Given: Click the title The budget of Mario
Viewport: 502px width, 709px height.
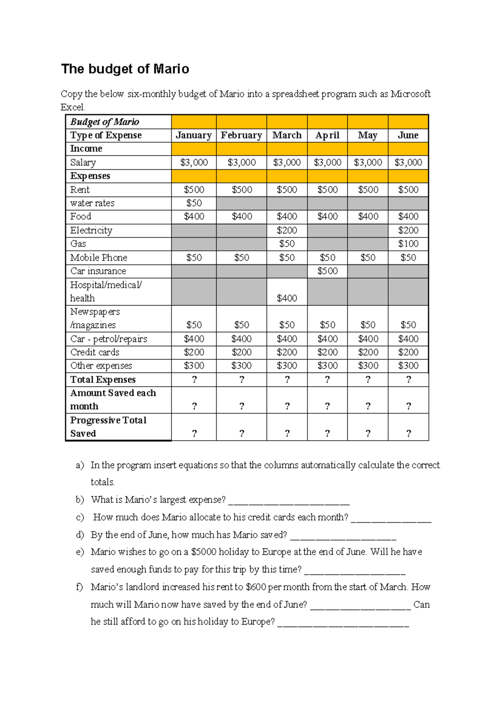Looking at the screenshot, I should coord(125,69).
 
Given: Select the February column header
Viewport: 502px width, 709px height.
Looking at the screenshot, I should coord(241,135).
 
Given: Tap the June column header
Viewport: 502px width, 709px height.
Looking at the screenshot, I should coord(408,135).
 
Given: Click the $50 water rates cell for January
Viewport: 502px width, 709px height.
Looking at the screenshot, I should coord(194,203).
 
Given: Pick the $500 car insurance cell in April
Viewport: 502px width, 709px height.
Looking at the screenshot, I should coord(327,271).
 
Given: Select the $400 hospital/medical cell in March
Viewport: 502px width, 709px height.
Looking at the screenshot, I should coord(287,298).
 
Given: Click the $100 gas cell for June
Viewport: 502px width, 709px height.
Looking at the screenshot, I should coord(408,244).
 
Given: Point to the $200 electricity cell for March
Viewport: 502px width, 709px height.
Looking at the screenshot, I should coord(287,230).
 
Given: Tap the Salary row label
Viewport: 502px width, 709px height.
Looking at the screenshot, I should coord(83,162).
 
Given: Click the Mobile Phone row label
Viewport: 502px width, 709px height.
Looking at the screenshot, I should coord(99,258).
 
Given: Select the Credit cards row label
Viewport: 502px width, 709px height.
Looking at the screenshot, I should coord(95,352).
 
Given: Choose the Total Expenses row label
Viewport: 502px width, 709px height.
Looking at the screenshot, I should coord(103,380).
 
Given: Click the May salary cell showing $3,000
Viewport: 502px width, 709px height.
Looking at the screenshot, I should coord(368,162).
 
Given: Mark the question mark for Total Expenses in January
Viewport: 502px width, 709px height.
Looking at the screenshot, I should coord(194,380).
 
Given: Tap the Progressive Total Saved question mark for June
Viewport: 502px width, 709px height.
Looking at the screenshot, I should coord(408,434).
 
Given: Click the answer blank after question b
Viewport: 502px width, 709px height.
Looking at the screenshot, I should coord(289,500).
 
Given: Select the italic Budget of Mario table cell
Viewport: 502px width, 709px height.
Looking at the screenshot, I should coord(105,122).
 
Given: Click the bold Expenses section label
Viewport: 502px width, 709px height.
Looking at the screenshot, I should coord(90,176).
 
